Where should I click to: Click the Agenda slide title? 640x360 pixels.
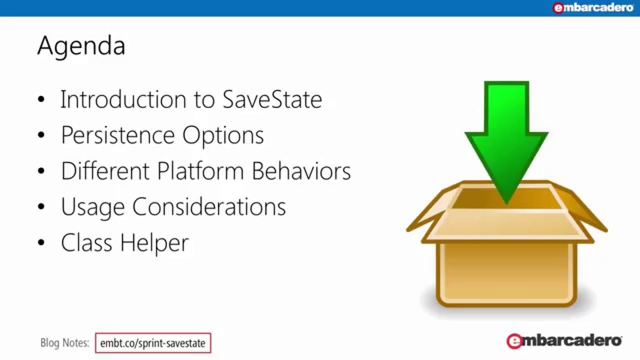pyautogui.click(x=81, y=46)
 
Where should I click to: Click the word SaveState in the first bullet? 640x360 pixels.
pyautogui.click(x=272, y=99)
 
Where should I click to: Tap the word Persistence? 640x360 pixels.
pyautogui.click(x=117, y=135)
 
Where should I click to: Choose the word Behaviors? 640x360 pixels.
pyautogui.click(x=301, y=171)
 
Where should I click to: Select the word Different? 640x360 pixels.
pyautogui.click(x=105, y=171)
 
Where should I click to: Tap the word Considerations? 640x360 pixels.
pyautogui.click(x=209, y=207)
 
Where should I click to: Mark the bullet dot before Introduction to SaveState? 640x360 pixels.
pyautogui.click(x=41, y=99)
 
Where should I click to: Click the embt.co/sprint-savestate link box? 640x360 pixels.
pyautogui.click(x=153, y=343)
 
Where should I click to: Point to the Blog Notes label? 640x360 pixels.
pyautogui.click(x=64, y=343)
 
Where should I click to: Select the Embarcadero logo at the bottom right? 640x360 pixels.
pyautogui.click(x=564, y=341)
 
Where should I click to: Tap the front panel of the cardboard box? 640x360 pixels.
pyautogui.click(x=506, y=272)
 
